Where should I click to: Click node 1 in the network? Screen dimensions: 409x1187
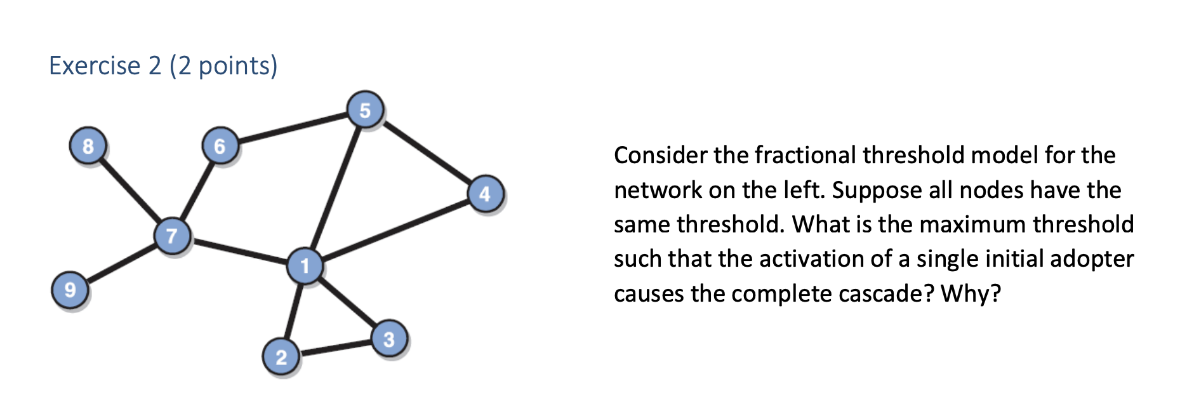[305, 266]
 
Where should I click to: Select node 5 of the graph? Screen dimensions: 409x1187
[365, 111]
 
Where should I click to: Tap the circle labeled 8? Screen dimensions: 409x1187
[88, 146]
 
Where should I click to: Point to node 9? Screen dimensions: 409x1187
[70, 290]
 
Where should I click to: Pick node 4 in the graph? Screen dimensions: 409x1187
[486, 194]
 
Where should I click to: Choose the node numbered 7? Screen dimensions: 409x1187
[172, 236]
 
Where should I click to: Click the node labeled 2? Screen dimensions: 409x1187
[281, 357]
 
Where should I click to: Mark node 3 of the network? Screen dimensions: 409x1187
[389, 339]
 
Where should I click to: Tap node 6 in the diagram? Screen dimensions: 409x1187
[220, 146]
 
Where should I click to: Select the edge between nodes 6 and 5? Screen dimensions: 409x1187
[293, 128]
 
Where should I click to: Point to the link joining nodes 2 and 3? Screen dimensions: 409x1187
[335, 348]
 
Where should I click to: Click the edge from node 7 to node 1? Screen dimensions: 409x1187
[239, 251]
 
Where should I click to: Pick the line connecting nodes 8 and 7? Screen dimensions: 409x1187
[129, 190]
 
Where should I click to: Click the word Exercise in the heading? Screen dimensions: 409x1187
[95, 66]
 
